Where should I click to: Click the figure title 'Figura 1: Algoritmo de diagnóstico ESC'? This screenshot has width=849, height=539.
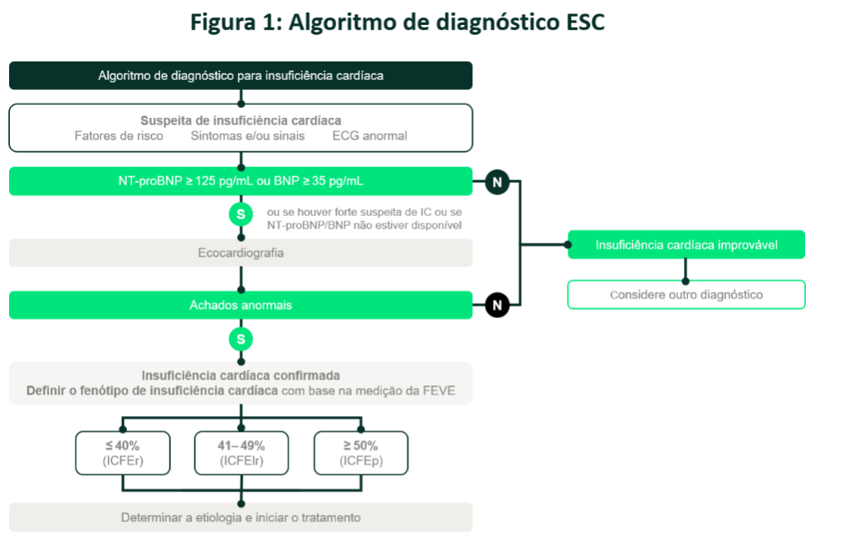398,22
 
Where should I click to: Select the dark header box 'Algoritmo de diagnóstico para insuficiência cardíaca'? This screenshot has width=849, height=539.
241,76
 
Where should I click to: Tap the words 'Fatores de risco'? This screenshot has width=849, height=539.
119,135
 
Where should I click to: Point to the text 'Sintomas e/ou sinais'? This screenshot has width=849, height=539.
247,135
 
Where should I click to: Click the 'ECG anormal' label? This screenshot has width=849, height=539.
369,135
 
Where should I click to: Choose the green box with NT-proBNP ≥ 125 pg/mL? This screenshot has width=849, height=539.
241,181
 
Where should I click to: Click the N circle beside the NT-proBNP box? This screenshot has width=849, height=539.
496,181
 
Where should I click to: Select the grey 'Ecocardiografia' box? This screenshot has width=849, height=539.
241,252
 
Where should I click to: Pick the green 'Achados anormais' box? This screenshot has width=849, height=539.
241,305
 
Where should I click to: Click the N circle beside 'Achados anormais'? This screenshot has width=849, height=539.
496,305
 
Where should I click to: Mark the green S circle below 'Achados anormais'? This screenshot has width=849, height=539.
241,340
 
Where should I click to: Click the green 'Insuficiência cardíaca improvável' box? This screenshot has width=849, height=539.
686,245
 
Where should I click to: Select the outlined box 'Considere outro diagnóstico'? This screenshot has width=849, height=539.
686,294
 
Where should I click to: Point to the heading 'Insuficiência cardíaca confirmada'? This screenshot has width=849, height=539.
241,375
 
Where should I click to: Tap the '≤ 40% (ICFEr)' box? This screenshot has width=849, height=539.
122,453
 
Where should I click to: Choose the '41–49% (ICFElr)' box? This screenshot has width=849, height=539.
241,453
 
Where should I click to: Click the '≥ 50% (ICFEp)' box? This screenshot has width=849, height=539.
361,453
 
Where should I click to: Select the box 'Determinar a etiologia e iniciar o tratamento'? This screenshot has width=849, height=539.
241,517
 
